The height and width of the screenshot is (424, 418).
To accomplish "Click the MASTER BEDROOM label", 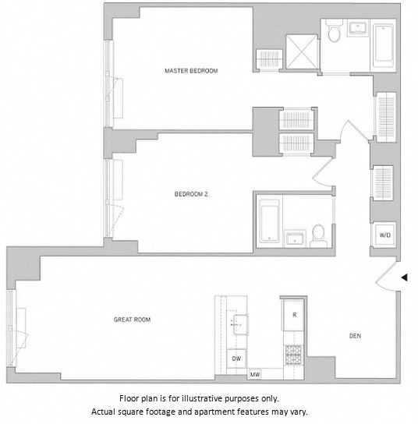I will point(191,71).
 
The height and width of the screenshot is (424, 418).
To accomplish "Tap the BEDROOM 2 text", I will point(190,196).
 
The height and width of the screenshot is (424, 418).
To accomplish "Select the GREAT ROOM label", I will point(132,320).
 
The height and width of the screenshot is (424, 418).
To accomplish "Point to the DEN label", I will point(355,336).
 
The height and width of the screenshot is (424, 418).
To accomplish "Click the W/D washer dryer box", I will point(385,234).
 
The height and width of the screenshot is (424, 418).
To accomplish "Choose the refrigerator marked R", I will point(294,315).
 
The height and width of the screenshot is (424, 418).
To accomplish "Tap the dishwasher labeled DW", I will point(235,359).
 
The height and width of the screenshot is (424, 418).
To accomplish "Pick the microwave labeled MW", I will point(254,375).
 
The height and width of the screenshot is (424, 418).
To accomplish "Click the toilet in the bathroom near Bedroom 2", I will point(318,233).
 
